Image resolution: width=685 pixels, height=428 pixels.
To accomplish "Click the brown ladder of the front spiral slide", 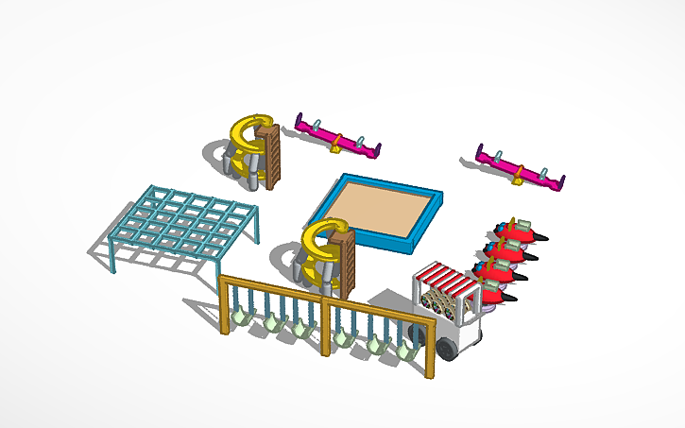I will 345,265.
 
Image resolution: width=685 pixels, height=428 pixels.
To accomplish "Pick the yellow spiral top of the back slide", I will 250,132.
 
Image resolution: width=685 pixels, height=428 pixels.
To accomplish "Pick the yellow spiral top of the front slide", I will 324,235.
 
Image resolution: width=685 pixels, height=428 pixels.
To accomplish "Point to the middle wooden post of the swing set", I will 325,326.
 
